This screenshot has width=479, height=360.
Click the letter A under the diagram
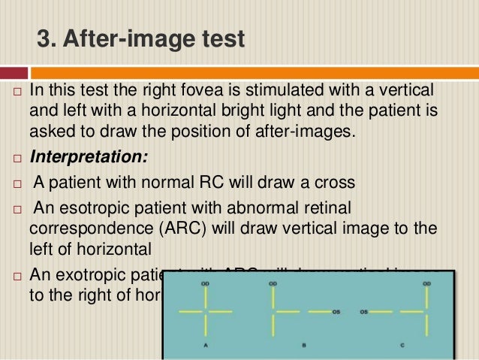[205, 345]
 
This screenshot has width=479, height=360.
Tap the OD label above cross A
[205, 284]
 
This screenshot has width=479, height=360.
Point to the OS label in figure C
[364, 310]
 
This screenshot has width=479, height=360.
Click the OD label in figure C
[426, 284]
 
